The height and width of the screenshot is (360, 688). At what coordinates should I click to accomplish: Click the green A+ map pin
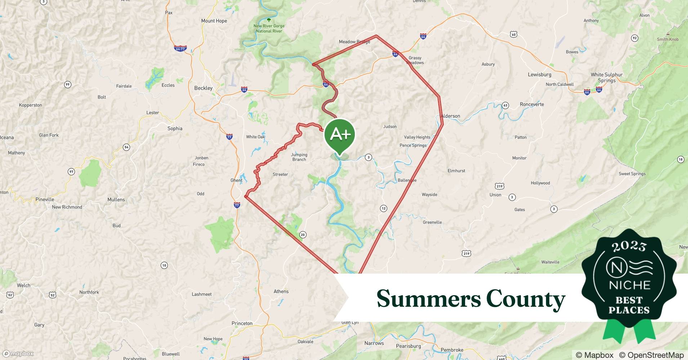(340, 135)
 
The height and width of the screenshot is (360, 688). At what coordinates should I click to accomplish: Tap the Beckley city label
(203, 88)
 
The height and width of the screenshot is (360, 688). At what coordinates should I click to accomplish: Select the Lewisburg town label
(539, 75)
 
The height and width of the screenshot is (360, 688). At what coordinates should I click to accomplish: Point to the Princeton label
(242, 323)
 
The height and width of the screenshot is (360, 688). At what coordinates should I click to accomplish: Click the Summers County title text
(471, 299)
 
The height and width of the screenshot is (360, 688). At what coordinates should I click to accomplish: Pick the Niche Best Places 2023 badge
(629, 284)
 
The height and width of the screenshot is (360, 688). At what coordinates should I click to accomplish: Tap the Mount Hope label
(214, 21)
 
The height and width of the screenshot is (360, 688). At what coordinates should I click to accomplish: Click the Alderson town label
(451, 116)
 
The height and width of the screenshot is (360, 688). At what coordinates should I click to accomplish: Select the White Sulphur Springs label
(607, 77)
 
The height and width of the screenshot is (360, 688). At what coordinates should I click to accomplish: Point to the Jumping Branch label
(299, 157)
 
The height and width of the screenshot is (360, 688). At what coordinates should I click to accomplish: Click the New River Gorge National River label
(269, 28)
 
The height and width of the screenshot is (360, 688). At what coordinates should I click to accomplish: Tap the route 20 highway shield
(303, 235)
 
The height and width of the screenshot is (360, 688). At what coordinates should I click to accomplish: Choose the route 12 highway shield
(383, 208)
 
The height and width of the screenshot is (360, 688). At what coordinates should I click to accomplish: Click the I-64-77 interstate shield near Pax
(180, 48)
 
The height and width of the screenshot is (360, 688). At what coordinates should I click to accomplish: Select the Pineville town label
(45, 199)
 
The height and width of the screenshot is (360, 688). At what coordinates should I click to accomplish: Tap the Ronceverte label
(532, 104)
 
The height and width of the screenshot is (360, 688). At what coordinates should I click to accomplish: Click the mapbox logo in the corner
(18, 354)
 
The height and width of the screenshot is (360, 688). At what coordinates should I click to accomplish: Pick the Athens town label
(281, 292)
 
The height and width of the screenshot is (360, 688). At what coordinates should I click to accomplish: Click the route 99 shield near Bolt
(67, 85)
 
